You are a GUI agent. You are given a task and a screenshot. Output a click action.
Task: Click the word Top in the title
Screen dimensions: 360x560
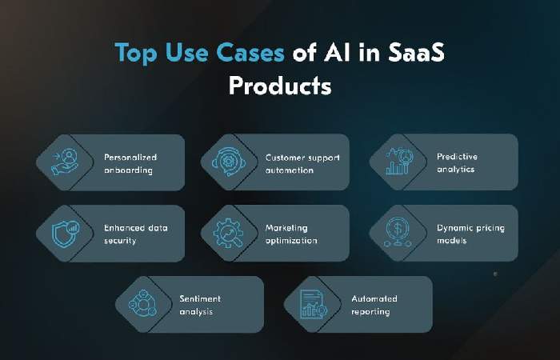tap(134, 53)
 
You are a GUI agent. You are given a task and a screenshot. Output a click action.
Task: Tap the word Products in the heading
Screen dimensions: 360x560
tap(280, 86)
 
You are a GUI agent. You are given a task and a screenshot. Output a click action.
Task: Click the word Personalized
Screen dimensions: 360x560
tap(130, 157)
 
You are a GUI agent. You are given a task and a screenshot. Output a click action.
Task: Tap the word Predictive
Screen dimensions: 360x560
tap(457, 157)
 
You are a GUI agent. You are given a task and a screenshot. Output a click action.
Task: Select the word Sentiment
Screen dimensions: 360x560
tap(200, 299)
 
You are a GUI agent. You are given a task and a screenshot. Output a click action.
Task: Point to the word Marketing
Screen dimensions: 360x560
tap(286, 228)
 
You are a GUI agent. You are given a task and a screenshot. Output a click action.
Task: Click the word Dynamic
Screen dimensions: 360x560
tap(454, 228)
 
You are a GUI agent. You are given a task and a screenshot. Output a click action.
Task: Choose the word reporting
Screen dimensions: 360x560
tap(370, 312)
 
